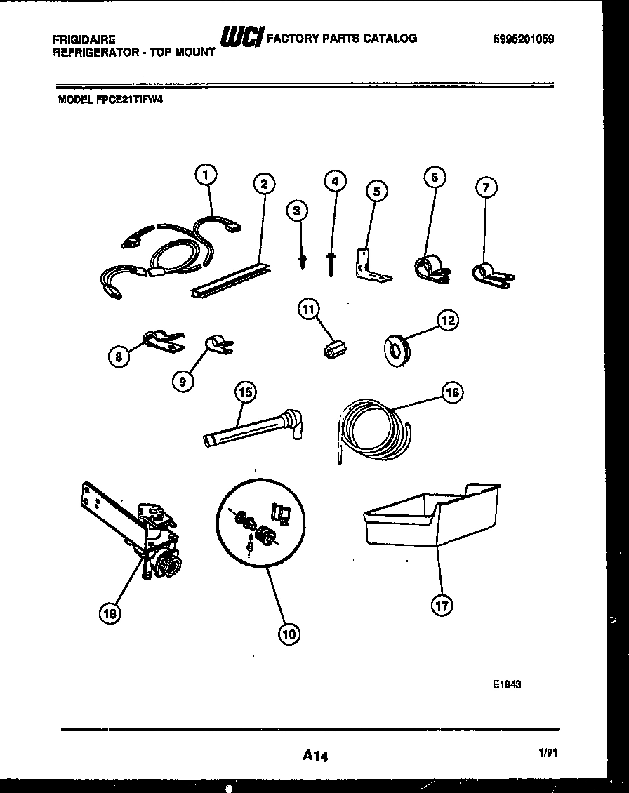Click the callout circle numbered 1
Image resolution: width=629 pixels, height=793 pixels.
[x=206, y=175]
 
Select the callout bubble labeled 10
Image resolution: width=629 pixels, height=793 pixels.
[x=288, y=634]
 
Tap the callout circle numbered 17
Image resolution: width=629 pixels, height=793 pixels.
[x=442, y=605]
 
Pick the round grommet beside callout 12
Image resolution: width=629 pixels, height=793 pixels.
[x=399, y=348]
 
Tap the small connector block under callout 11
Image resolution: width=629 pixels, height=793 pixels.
[x=336, y=347]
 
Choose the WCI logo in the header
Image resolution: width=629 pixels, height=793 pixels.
[x=241, y=37]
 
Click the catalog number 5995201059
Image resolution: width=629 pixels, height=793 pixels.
[x=524, y=40]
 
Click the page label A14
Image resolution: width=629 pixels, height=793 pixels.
[x=315, y=756]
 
